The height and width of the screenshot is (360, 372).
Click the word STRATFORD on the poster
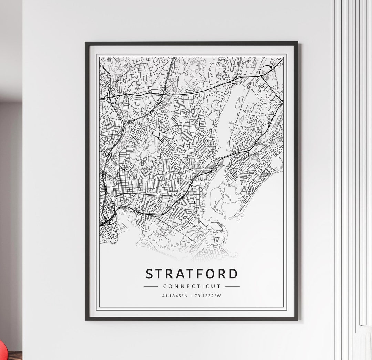[x=192, y=274]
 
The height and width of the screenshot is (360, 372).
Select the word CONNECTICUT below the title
[x=192, y=286]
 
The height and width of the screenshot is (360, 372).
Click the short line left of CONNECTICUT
[x=151, y=286]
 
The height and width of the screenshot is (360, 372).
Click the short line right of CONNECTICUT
[x=232, y=286]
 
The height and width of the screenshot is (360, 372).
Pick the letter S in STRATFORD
[x=149, y=274]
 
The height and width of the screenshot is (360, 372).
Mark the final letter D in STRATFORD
[x=233, y=274]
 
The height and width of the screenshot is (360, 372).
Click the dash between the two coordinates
[x=192, y=296]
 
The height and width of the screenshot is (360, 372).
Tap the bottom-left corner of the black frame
[x=86, y=319]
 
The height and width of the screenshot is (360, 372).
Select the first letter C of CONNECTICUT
[x=165, y=286]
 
